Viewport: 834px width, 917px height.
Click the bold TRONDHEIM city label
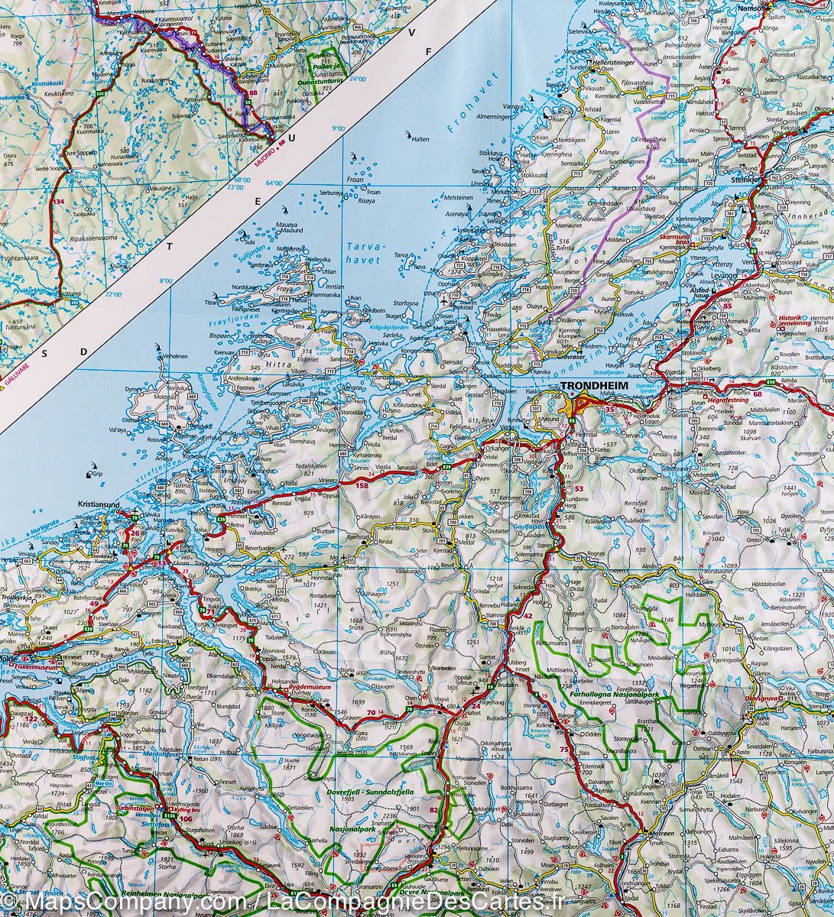(x=594, y=387)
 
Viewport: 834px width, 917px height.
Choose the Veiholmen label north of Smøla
(x=174, y=356)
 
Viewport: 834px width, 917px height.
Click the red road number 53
(x=579, y=489)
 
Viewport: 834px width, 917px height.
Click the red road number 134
(x=59, y=201)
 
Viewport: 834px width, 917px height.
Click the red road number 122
(x=30, y=719)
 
